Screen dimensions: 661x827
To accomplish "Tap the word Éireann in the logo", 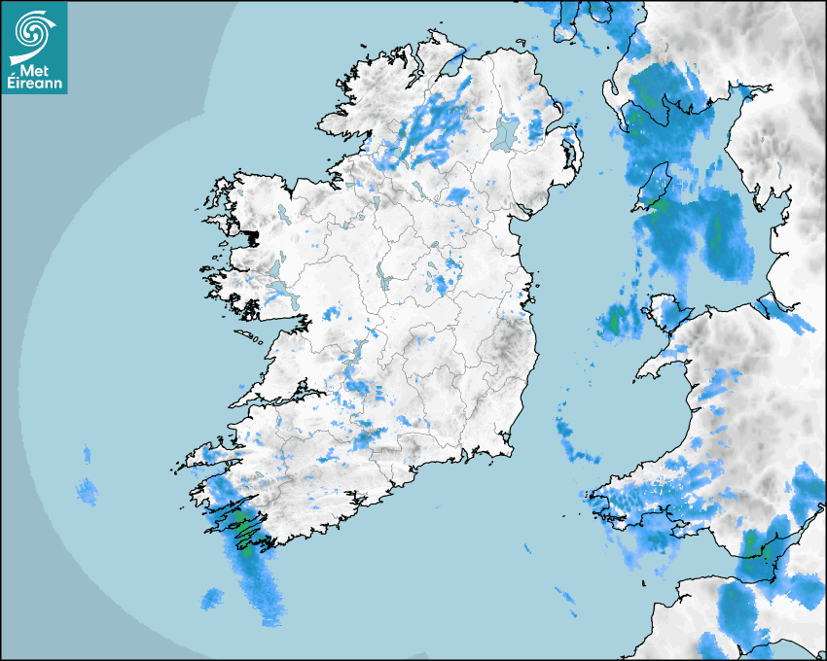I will (x=34, y=85).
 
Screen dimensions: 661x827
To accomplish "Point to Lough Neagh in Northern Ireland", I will (x=506, y=132).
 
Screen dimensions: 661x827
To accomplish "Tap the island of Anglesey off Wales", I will (x=672, y=314).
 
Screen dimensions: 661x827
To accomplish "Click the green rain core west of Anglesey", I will (x=616, y=319).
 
